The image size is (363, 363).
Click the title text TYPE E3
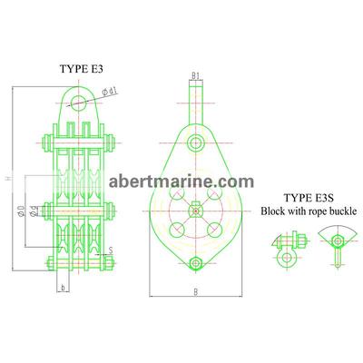pos(82,69)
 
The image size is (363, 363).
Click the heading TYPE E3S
pos(309,198)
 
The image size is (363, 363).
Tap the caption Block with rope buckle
pos(309,211)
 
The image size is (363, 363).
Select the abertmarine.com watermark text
pos(181,181)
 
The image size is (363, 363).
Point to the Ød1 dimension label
pos(110,92)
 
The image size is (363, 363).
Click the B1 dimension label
pos(196,76)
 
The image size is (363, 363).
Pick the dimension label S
pos(111,250)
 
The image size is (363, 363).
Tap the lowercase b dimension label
pos(63,288)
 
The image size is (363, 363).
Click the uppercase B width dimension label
pos(196,292)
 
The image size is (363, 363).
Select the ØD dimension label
pos(21,211)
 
